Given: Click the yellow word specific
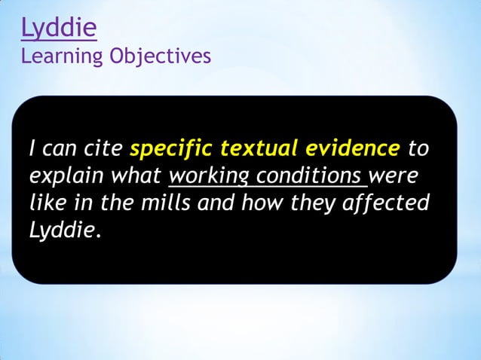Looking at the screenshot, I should click(x=170, y=148).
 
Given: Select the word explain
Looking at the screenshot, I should click(x=68, y=175).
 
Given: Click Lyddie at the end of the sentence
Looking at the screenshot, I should click(x=62, y=230).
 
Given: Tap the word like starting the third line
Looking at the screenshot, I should click(x=47, y=203).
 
